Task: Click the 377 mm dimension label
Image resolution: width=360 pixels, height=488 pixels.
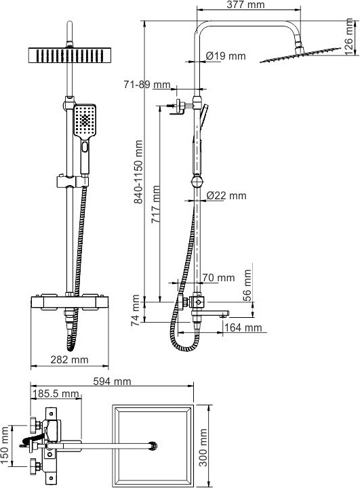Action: click(x=245, y=5)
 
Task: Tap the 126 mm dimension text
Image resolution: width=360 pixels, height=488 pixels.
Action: click(x=349, y=37)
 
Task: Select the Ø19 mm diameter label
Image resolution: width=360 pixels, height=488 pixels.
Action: click(x=226, y=56)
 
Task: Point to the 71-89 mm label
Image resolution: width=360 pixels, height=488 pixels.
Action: click(x=147, y=84)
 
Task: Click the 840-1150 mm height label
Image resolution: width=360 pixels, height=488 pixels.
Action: click(x=138, y=171)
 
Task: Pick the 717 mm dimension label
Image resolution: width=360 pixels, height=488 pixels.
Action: click(x=156, y=204)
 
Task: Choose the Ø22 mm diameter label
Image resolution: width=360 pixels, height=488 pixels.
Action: click(x=226, y=195)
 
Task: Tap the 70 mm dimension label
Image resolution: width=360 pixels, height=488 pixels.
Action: click(x=218, y=277)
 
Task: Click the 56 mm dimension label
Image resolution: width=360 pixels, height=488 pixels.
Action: click(x=247, y=285)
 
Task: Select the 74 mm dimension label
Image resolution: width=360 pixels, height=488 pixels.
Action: click(x=136, y=310)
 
